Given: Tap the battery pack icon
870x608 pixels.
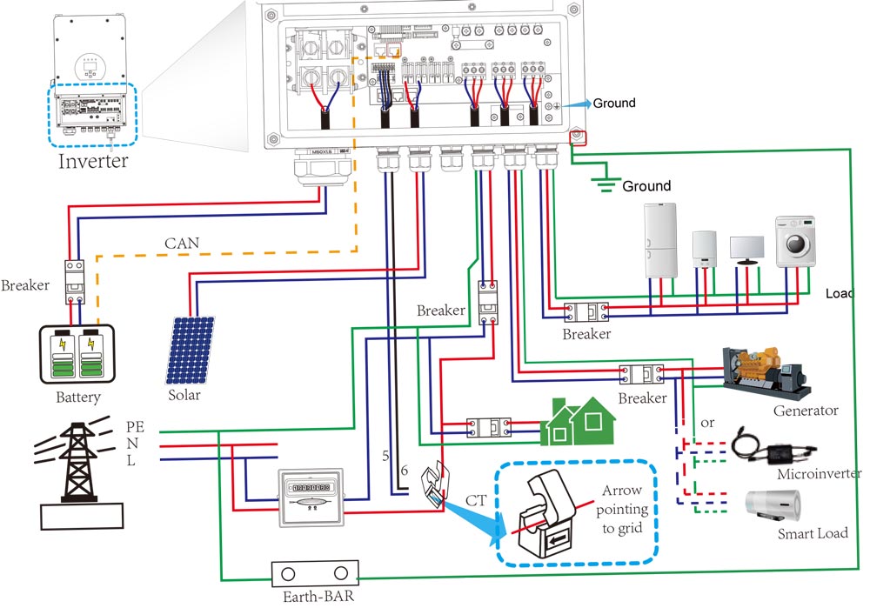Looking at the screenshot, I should pyautogui.click(x=77, y=355).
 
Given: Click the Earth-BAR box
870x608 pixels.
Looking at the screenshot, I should pyautogui.click(x=315, y=575).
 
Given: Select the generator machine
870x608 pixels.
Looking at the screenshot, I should pyautogui.click(x=766, y=371).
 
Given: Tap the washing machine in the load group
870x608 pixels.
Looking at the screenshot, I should pyautogui.click(x=800, y=241).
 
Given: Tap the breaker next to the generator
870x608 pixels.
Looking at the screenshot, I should pyautogui.click(x=642, y=374).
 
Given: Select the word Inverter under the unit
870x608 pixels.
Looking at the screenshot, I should pyautogui.click(x=93, y=161).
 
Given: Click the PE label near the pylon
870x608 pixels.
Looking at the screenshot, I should pyautogui.click(x=135, y=426).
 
